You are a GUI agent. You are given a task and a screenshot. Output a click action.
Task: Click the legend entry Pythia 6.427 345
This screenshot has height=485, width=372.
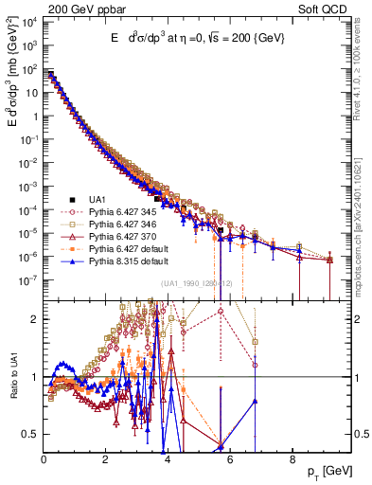pos(122,212)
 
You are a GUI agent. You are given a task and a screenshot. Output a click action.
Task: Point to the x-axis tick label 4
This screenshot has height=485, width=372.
pos(168,461)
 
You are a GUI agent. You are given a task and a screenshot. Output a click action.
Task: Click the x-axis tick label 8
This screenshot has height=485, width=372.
pos(292,461)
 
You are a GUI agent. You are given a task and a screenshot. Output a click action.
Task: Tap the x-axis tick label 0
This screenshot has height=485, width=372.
pos(44,461)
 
